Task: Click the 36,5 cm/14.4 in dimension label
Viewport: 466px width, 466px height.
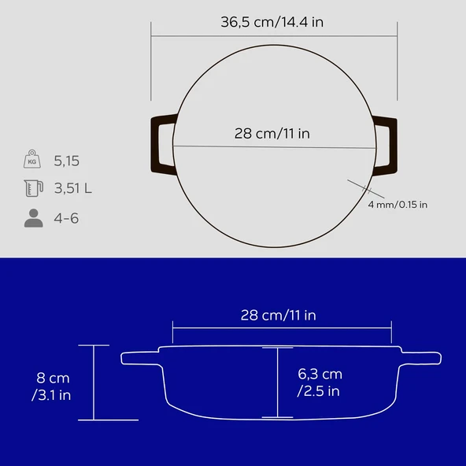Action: click(x=272, y=22)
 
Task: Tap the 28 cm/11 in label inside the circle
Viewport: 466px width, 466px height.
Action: click(x=272, y=133)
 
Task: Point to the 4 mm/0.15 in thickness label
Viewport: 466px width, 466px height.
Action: click(x=398, y=205)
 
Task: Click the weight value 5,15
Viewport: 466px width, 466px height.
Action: click(x=67, y=161)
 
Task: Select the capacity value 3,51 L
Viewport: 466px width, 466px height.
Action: click(x=73, y=189)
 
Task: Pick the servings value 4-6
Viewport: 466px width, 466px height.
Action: click(x=67, y=218)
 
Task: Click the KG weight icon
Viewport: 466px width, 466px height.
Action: click(x=33, y=160)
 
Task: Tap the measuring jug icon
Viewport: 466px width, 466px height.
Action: click(x=33, y=188)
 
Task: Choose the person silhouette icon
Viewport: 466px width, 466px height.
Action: click(x=33, y=218)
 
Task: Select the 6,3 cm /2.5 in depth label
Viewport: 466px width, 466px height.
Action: click(x=319, y=382)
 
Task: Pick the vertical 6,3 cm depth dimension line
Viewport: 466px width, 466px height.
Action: click(x=277, y=383)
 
